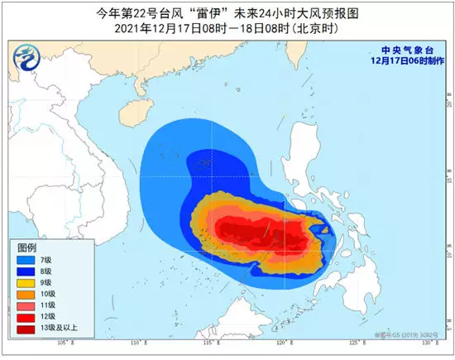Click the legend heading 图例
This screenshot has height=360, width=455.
coord(28,247)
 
